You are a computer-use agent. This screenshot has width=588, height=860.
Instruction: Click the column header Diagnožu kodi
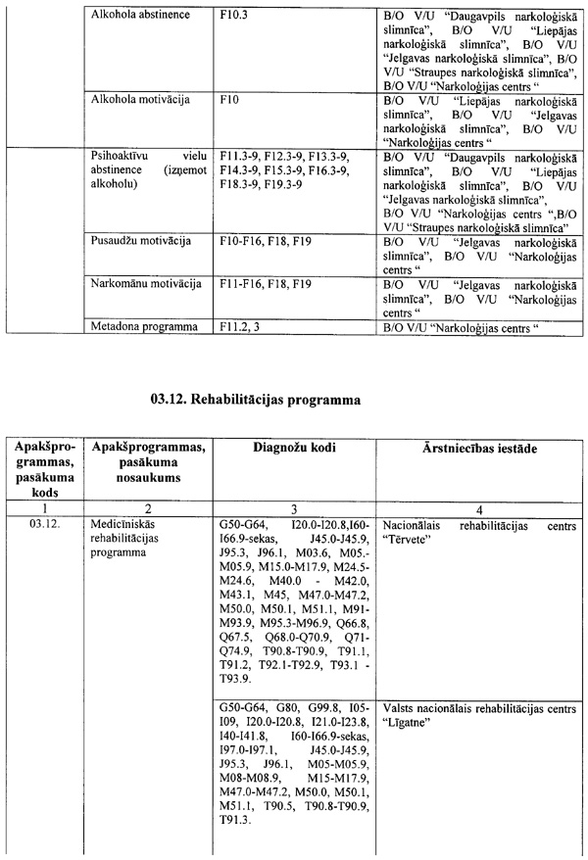(294, 447)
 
